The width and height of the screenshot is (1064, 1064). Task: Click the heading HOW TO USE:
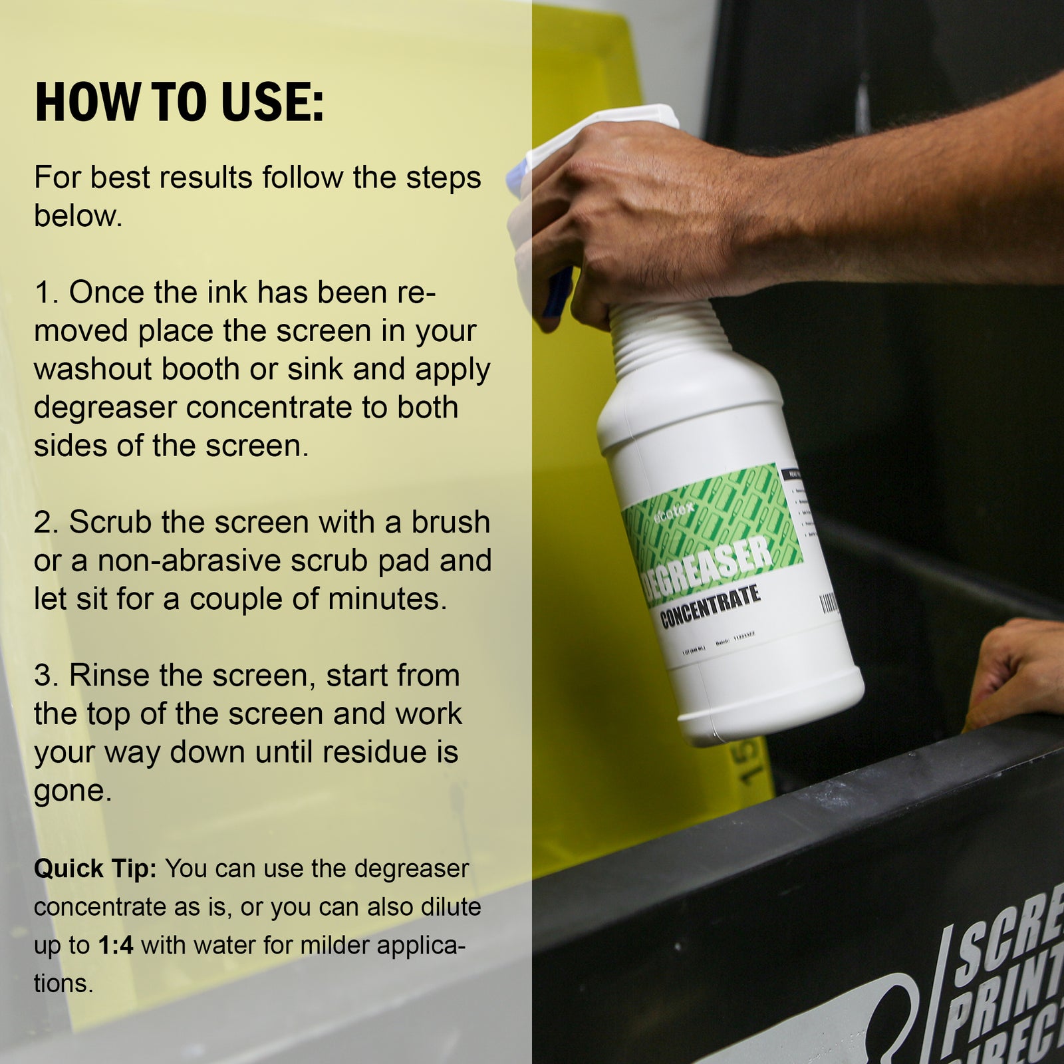coord(179,102)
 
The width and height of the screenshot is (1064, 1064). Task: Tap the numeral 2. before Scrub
coord(47,523)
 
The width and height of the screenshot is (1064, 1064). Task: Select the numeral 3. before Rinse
coord(47,676)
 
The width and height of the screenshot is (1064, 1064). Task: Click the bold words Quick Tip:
coord(95,868)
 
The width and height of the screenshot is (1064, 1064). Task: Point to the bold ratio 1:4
coord(116,945)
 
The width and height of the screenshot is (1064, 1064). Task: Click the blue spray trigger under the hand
coord(557,293)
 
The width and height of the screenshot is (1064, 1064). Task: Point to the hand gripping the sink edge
coord(1017,672)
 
